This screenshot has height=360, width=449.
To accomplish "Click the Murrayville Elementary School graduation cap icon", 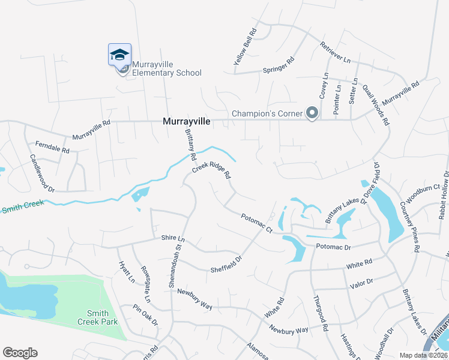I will tap(119, 55).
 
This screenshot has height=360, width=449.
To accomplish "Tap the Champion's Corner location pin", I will tap(312, 113).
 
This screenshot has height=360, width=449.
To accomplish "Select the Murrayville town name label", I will tap(187, 121).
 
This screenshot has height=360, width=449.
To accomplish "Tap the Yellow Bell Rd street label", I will tap(245, 47).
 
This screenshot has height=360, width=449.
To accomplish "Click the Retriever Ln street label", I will tap(335, 52).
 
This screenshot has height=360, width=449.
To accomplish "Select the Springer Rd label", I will tap(279, 65).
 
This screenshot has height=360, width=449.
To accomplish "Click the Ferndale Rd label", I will tap(53, 147).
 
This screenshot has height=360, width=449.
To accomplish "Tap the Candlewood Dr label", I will tap(42, 173).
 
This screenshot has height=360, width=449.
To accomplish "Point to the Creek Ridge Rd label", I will tap(211, 172).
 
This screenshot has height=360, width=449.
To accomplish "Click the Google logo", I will tap(20, 352).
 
